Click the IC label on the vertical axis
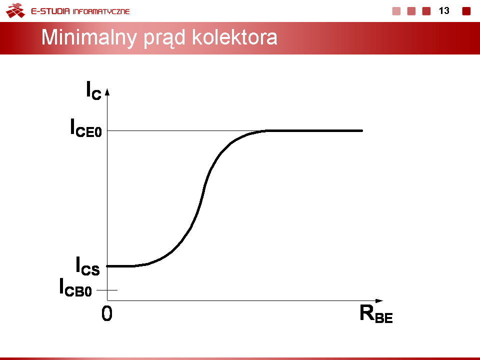tap(93, 90)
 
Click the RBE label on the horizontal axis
tap(376, 314)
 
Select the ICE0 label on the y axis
tap(85, 127)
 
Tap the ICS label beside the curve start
tap(87, 266)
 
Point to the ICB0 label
tap(75, 287)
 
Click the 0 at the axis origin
tap(107, 313)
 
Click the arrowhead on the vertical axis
tap(107, 92)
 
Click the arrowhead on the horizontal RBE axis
tap(379, 301)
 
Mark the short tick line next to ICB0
tap(107, 290)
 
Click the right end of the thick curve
tap(362, 130)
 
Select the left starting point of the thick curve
tap(107, 266)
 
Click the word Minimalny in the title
tap(89, 38)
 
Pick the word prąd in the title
tap(164, 38)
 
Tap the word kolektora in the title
tap(234, 37)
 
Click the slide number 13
tap(444, 11)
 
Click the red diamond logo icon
tap(15, 10)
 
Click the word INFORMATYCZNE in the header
tap(101, 11)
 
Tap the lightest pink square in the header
tap(396, 11)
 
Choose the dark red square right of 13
tap(466, 11)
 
